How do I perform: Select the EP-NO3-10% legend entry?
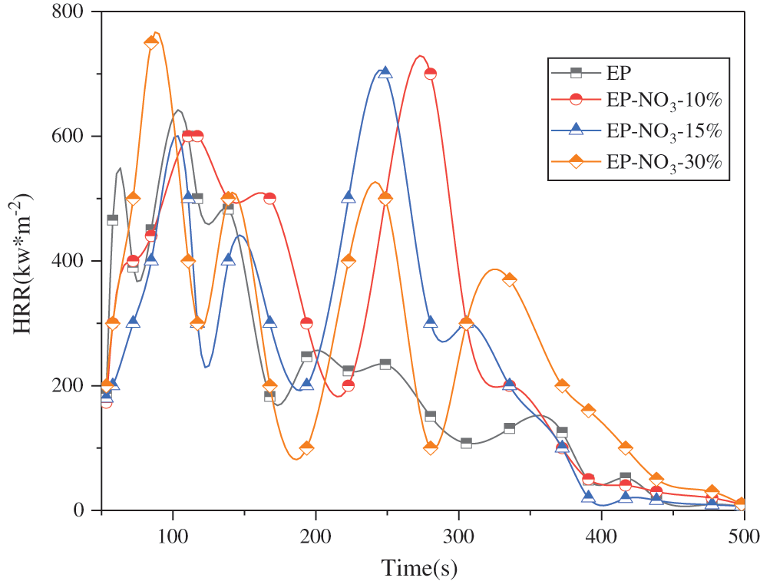(665, 101)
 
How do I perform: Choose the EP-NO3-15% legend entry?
(665, 130)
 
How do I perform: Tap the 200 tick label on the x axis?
(316, 532)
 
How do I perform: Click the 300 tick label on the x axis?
(458, 532)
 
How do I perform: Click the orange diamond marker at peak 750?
(151, 43)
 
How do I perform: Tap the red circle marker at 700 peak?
(431, 74)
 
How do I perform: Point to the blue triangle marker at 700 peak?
(385, 72)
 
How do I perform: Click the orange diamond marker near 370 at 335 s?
(509, 280)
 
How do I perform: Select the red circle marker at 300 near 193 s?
(306, 323)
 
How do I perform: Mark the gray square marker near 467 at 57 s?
(112, 220)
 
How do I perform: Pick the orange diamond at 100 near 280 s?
(431, 447)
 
